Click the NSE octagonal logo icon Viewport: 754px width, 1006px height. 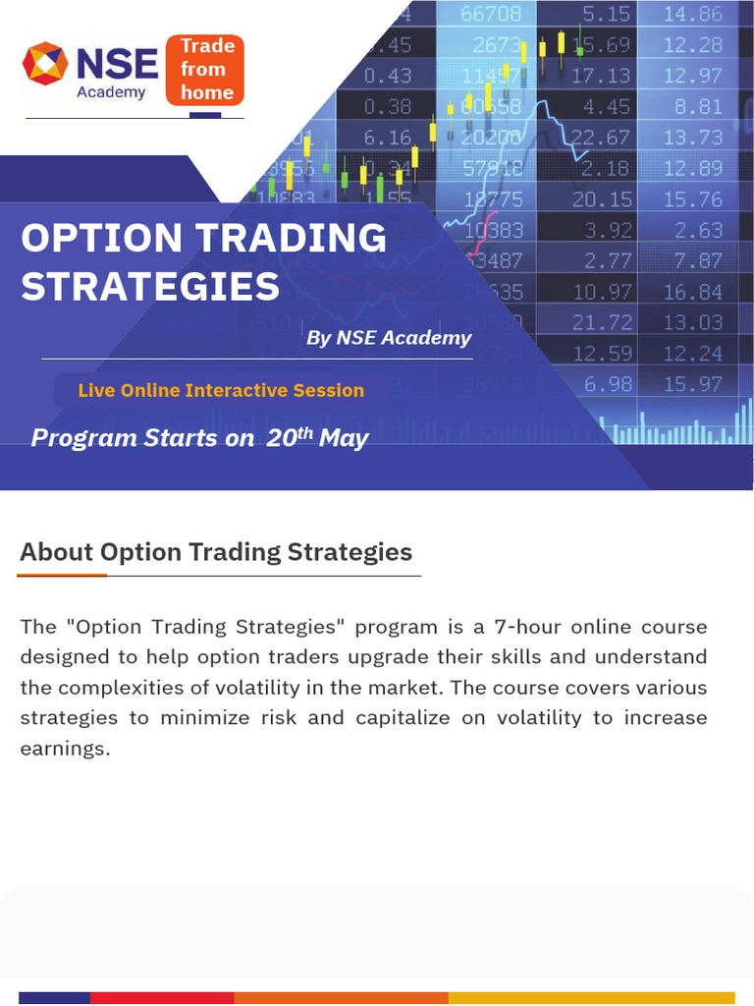[x=43, y=64]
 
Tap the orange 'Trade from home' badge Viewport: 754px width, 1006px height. [x=205, y=69]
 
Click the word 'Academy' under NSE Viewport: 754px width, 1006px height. [x=111, y=92]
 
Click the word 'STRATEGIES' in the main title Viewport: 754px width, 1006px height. [x=150, y=287]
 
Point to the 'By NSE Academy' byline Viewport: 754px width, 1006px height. [x=389, y=338]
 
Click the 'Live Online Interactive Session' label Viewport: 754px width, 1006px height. [x=221, y=390]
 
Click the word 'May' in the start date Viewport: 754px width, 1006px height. [x=344, y=438]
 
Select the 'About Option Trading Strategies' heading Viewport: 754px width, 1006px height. [x=216, y=552]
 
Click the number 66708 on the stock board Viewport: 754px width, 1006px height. [x=491, y=14]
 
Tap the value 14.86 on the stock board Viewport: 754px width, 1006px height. [x=692, y=14]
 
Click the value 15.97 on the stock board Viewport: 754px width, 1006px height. [x=692, y=384]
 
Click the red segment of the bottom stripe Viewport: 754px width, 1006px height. [x=162, y=998]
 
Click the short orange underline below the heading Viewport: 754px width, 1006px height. [x=63, y=575]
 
